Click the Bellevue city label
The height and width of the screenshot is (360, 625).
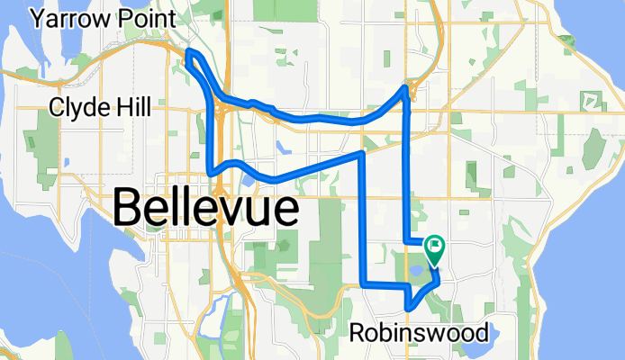tap(206, 210)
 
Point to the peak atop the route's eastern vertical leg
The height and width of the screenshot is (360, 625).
tap(404, 86)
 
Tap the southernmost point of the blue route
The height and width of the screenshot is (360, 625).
tap(410, 308)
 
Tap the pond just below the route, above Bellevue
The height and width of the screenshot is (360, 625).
tap(247, 178)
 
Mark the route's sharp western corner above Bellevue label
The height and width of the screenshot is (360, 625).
tap(210, 172)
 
